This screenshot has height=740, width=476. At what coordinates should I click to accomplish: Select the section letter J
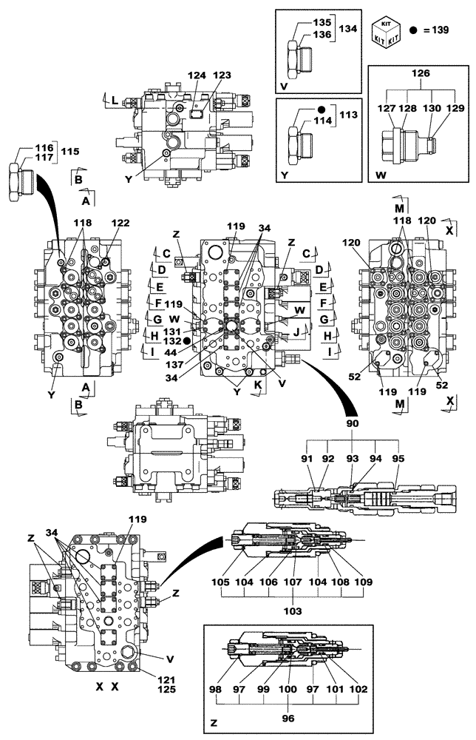click(296, 332)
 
